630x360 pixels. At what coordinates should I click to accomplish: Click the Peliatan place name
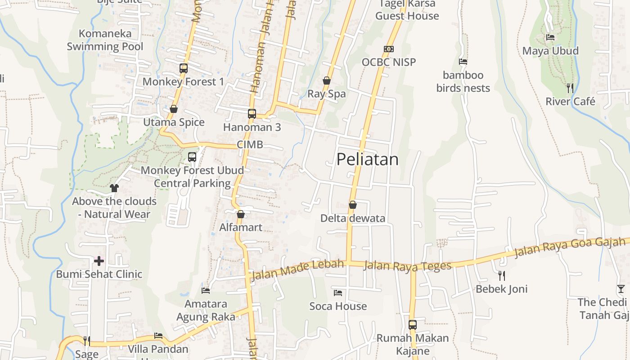(x=367, y=159)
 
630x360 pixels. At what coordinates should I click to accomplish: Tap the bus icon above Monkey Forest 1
(x=184, y=68)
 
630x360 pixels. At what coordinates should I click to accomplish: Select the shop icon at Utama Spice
(x=174, y=109)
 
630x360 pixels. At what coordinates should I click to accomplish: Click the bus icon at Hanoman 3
(x=252, y=114)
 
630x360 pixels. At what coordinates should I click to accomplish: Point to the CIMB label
(x=250, y=145)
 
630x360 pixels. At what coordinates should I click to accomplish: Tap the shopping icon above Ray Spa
(x=327, y=81)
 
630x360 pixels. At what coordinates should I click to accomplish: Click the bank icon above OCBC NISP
(x=389, y=49)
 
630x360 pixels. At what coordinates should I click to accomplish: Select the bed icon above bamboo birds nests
(x=463, y=62)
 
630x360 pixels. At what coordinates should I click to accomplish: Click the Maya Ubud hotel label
(x=550, y=51)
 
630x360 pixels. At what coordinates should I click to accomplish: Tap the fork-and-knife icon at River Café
(x=570, y=88)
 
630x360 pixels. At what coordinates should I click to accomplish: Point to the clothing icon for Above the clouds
(x=114, y=188)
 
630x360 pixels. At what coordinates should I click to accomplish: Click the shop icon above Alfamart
(x=241, y=214)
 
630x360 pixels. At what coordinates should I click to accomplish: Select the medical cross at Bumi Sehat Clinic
(x=99, y=261)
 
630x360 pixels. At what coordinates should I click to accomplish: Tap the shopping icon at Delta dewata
(x=353, y=205)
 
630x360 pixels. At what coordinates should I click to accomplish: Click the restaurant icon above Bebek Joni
(x=502, y=275)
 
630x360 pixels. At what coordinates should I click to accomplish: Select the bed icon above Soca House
(x=338, y=293)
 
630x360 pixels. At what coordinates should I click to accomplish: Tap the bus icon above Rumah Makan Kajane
(x=413, y=324)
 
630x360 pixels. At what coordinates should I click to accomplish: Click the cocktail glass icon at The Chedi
(x=621, y=289)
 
